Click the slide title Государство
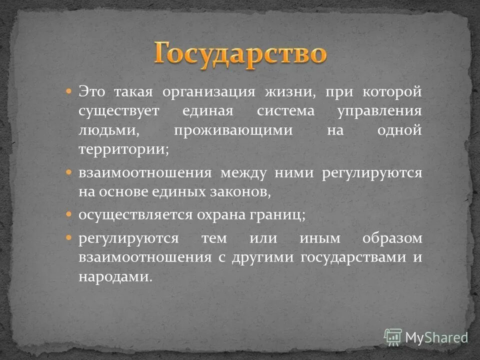[x=240, y=53]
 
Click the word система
[x=286, y=111]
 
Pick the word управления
[x=380, y=111]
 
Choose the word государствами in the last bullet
[x=353, y=257]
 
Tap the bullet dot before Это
[x=69, y=92]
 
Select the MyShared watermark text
[x=436, y=337]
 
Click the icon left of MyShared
[x=393, y=337]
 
